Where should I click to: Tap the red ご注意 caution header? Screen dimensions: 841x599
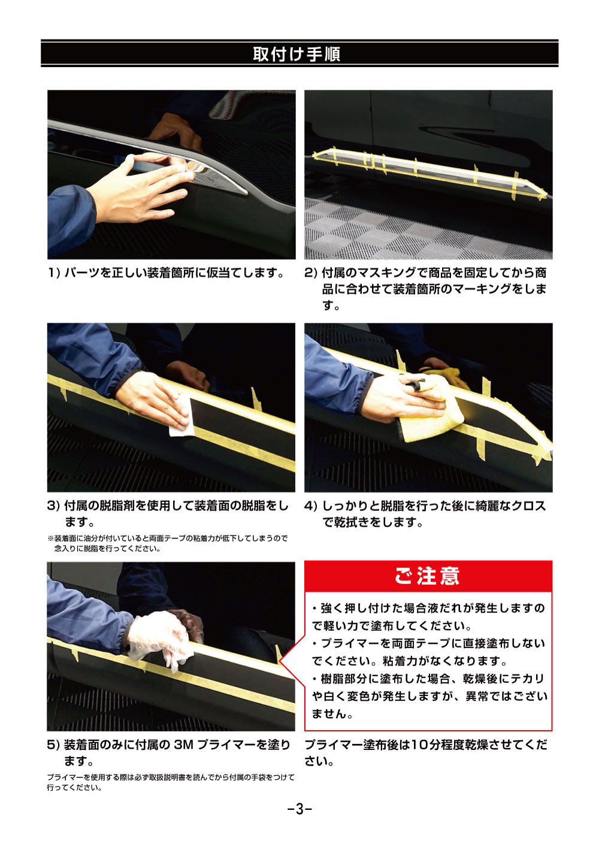click(427, 576)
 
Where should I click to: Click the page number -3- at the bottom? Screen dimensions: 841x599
click(299, 809)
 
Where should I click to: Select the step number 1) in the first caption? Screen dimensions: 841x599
click(54, 273)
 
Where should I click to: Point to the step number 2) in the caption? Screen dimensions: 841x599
click(310, 273)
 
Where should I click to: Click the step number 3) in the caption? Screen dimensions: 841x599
click(53, 506)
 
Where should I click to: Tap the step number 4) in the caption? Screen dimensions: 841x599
click(310, 506)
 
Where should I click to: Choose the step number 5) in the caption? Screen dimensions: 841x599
click(53, 745)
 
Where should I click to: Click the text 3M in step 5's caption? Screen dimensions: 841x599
click(183, 745)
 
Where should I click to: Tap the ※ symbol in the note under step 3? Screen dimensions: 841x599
click(50, 539)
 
